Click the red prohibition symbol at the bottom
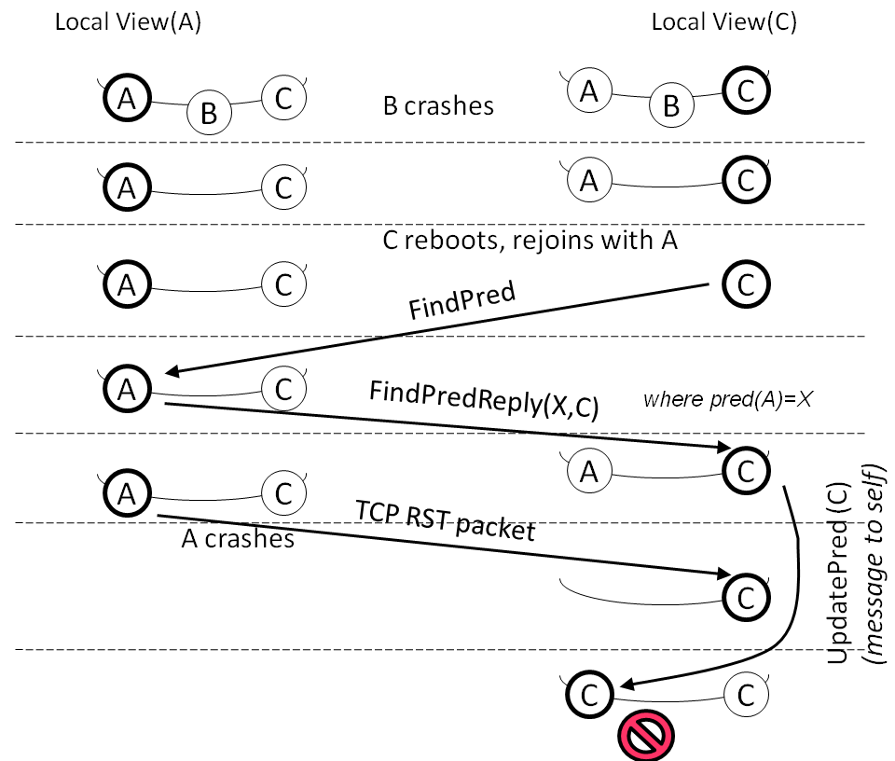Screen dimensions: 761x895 (x=644, y=737)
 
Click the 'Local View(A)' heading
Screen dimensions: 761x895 (x=128, y=22)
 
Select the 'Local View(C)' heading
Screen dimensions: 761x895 (x=723, y=22)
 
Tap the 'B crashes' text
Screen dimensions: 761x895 (x=438, y=104)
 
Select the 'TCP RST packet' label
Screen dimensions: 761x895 (x=445, y=521)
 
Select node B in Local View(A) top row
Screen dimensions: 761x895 (x=209, y=113)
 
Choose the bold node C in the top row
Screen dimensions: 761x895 (x=747, y=91)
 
